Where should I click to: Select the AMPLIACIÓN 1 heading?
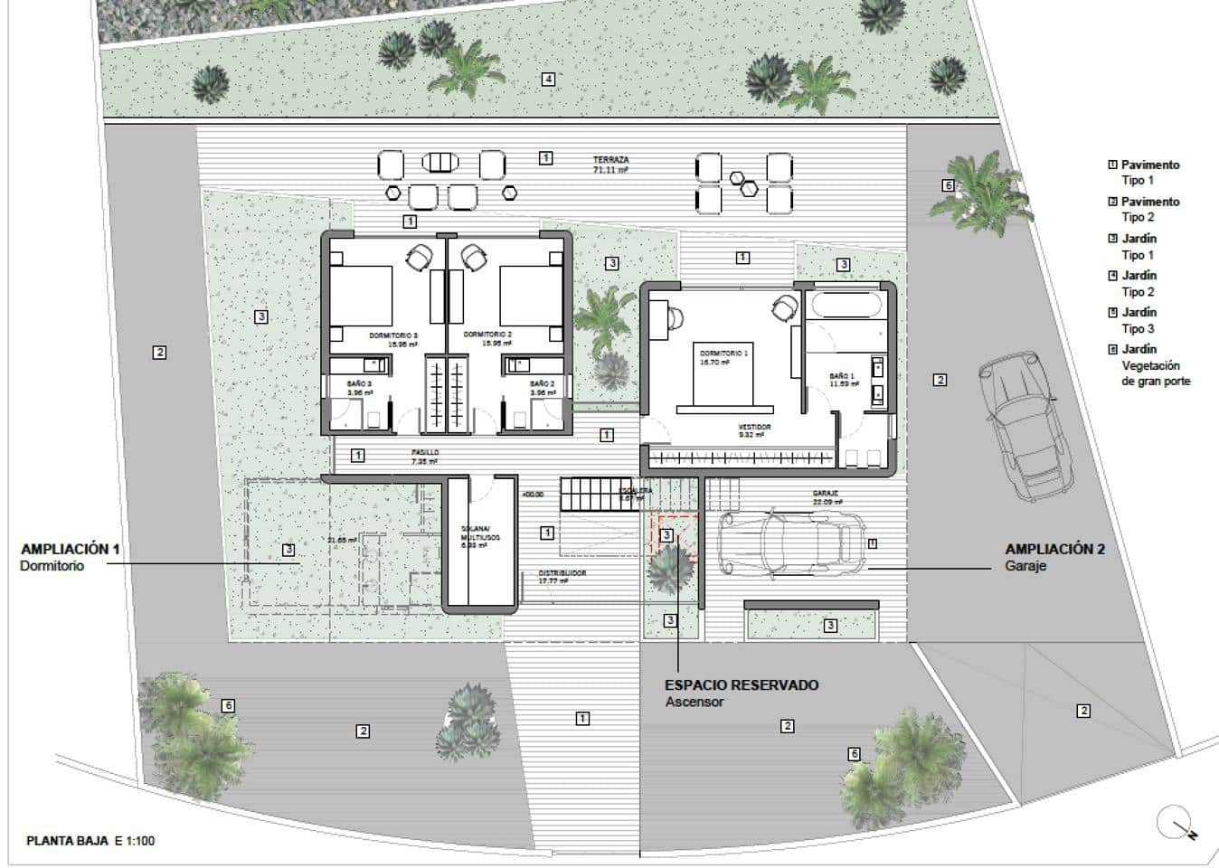pos(70,549)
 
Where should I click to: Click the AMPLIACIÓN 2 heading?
pos(1054,549)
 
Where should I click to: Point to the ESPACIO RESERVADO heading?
pos(742,684)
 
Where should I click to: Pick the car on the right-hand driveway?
pos(1022,425)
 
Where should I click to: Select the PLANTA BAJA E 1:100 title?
pos(90,841)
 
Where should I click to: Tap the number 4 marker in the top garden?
pos(548,79)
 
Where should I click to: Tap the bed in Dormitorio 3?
pos(361,296)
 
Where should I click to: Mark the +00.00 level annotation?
pos(533,495)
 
